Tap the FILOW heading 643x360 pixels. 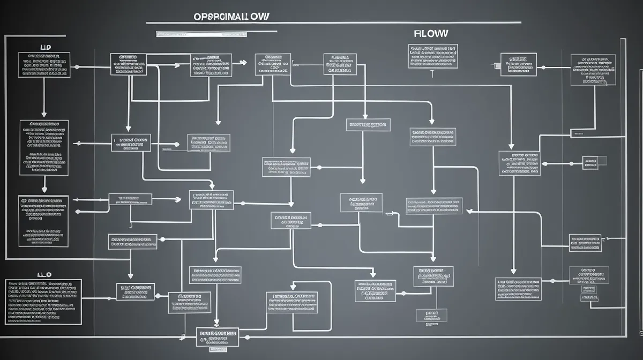[431, 33]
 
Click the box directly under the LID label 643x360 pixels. [43, 64]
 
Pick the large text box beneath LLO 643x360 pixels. [43, 301]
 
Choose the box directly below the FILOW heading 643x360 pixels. [433, 56]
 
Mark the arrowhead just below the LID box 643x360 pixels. [44, 114]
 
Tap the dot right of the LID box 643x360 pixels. [77, 67]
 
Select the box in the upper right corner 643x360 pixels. [593, 69]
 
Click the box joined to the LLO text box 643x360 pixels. [135, 291]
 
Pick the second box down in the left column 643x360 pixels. [44, 147]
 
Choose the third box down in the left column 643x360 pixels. [43, 221]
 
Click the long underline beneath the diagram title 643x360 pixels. [333, 23]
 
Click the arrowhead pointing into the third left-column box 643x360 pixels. [44, 190]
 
